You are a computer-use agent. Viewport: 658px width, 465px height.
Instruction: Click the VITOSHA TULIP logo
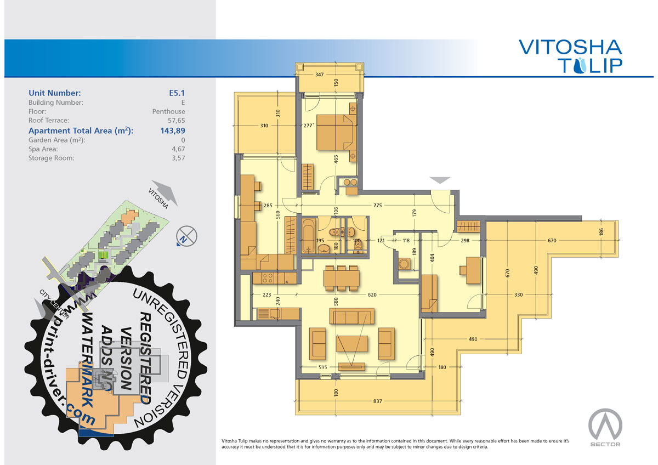coord(570,56)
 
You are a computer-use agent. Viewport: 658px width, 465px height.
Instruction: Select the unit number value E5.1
coord(177,93)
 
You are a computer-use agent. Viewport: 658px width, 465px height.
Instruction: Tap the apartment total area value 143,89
coord(173,131)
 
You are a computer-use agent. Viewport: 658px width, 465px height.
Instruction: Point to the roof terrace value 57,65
coord(176,121)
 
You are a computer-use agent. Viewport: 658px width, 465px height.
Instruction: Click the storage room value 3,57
coord(178,158)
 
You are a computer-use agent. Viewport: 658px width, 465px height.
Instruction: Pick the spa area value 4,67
coord(178,149)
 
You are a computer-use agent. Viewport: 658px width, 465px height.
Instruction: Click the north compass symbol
coord(186,236)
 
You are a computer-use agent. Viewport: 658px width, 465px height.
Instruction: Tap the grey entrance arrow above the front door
coord(440,180)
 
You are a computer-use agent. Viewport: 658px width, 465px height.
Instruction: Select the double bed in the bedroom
coord(336,133)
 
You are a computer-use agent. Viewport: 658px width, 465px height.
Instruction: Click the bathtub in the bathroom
coord(309,239)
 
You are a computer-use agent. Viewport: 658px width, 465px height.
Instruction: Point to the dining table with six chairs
coord(341,278)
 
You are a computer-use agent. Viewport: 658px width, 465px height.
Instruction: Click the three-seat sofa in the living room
coord(351,316)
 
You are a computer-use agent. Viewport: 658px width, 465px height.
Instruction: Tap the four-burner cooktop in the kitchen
coord(268,278)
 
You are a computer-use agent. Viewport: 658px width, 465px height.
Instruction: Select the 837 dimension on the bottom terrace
coord(377,401)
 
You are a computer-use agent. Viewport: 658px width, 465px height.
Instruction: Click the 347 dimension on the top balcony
coord(320,75)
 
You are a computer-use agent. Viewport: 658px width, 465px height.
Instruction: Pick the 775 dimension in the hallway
coord(377,205)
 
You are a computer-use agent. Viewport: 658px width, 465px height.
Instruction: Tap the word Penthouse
coord(169,112)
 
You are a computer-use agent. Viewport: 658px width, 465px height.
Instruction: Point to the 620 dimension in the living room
coord(372,294)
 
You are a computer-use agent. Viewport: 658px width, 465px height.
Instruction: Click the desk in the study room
coord(473,270)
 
